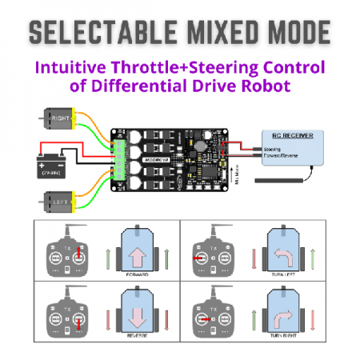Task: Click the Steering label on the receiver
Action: point(272,148)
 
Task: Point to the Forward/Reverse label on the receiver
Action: point(279,155)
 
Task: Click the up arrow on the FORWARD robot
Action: point(135,255)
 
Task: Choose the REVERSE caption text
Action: point(135,348)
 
